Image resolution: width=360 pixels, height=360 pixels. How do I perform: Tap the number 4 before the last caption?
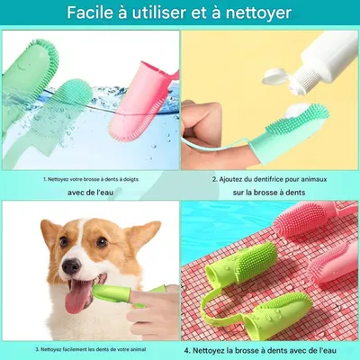[187, 348]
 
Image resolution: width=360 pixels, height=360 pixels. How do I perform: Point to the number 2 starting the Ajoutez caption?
[214, 178]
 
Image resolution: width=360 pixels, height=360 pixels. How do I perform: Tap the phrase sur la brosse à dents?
[270, 193]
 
